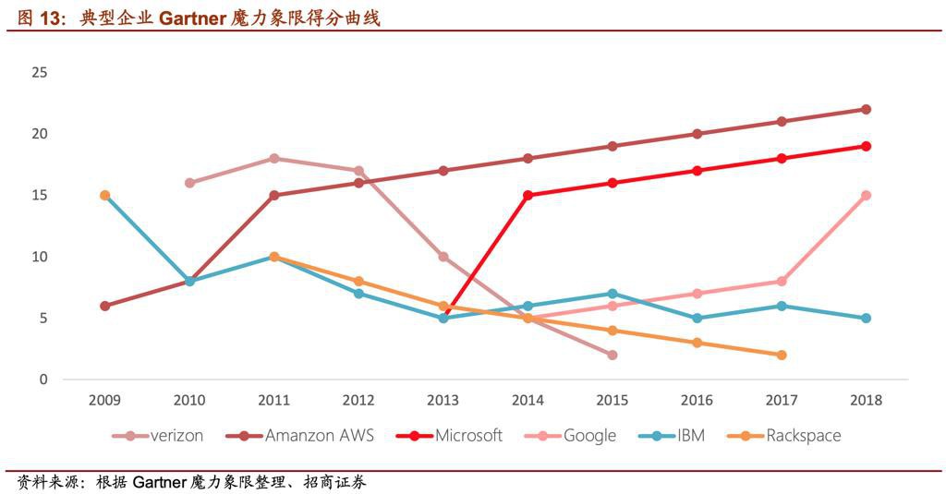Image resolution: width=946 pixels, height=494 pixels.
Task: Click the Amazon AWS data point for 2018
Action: pyautogui.click(x=866, y=109)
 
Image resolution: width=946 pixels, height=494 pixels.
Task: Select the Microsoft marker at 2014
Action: pyautogui.click(x=528, y=195)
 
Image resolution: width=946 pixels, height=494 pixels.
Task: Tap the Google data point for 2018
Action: pyautogui.click(x=866, y=195)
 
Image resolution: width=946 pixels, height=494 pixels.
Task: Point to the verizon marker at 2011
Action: pyautogui.click(x=274, y=159)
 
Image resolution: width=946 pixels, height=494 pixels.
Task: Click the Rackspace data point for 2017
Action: pyautogui.click(x=782, y=355)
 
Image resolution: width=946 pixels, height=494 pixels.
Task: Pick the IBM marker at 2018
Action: pyautogui.click(x=866, y=318)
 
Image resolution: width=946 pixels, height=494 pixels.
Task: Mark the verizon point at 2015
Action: pyautogui.click(x=612, y=355)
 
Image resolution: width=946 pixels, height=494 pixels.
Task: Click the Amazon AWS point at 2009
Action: pyautogui.click(x=105, y=306)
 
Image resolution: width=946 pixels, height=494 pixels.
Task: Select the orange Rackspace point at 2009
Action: pyautogui.click(x=105, y=195)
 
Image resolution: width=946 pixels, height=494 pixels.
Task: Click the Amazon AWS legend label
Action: pyautogui.click(x=319, y=435)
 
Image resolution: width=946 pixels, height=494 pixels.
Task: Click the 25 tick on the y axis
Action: pyautogui.click(x=39, y=72)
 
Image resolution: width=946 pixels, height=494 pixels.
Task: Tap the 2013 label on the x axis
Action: pyautogui.click(x=443, y=400)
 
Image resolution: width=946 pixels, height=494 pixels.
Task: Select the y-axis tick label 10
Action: pyautogui.click(x=39, y=257)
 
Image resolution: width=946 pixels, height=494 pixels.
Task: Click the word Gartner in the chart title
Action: pyautogui.click(x=189, y=18)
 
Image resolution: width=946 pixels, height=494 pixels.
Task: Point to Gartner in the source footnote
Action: pyautogui.click(x=160, y=482)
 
